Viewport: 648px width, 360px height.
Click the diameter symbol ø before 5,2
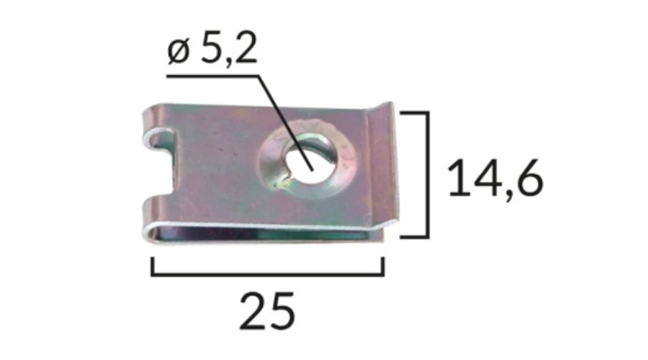pyautogui.click(x=178, y=52)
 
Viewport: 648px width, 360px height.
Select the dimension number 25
pyautogui.click(x=267, y=311)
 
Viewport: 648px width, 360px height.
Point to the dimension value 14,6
pyautogui.click(x=495, y=178)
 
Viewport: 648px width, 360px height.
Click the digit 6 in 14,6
pyautogui.click(x=529, y=178)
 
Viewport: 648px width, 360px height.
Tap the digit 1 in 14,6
pyautogui.click(x=457, y=178)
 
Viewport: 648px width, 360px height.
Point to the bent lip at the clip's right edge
pyautogui.click(x=382, y=166)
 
